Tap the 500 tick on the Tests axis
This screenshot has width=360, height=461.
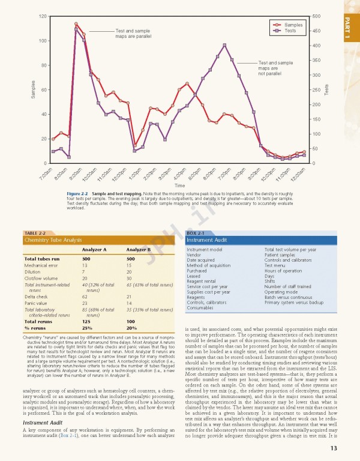(316, 16)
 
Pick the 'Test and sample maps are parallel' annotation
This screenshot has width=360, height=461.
(133, 33)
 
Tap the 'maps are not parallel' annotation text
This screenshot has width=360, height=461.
(275, 71)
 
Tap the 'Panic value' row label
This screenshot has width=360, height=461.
(36, 303)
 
